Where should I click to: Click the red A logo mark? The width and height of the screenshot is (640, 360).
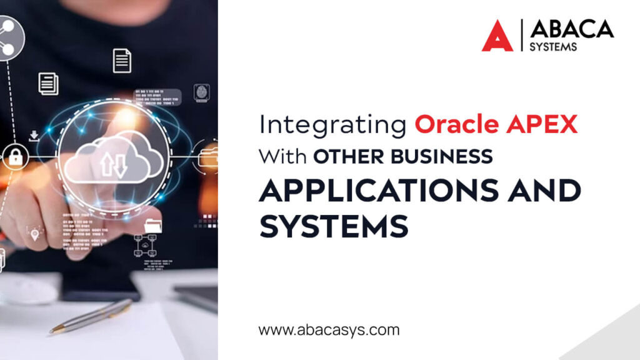pos(497,36)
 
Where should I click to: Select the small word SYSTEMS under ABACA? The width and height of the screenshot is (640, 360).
pos(553,47)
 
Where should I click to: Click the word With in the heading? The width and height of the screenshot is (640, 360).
pos(283,156)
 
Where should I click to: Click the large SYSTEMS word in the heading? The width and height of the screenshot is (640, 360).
pos(334,226)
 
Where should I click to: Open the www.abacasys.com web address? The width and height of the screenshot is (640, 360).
pos(329,329)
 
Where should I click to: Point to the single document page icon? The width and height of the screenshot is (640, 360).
pos(122,61)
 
